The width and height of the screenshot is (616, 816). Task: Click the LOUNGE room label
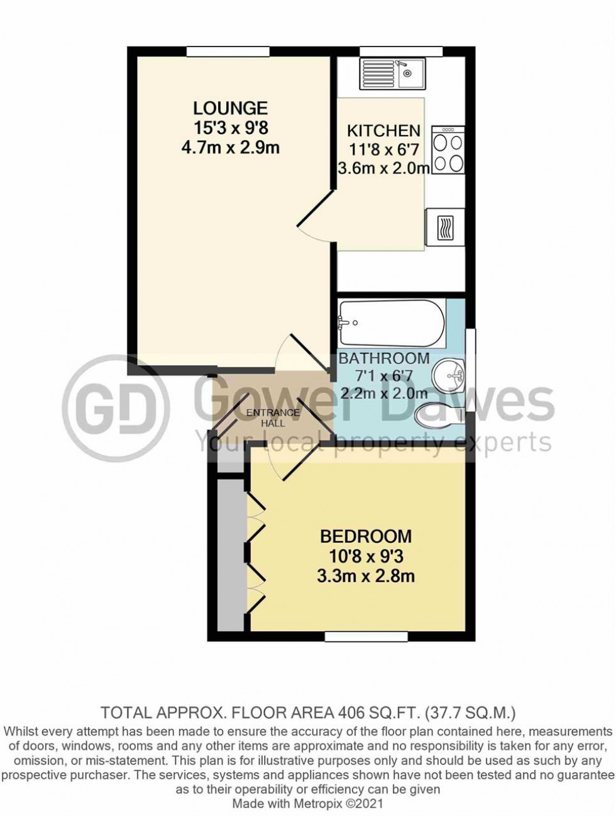tap(230, 108)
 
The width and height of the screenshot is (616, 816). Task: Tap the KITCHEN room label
tap(383, 131)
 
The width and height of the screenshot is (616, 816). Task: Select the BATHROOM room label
tap(383, 358)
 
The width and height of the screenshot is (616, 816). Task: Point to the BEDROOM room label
tap(366, 536)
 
